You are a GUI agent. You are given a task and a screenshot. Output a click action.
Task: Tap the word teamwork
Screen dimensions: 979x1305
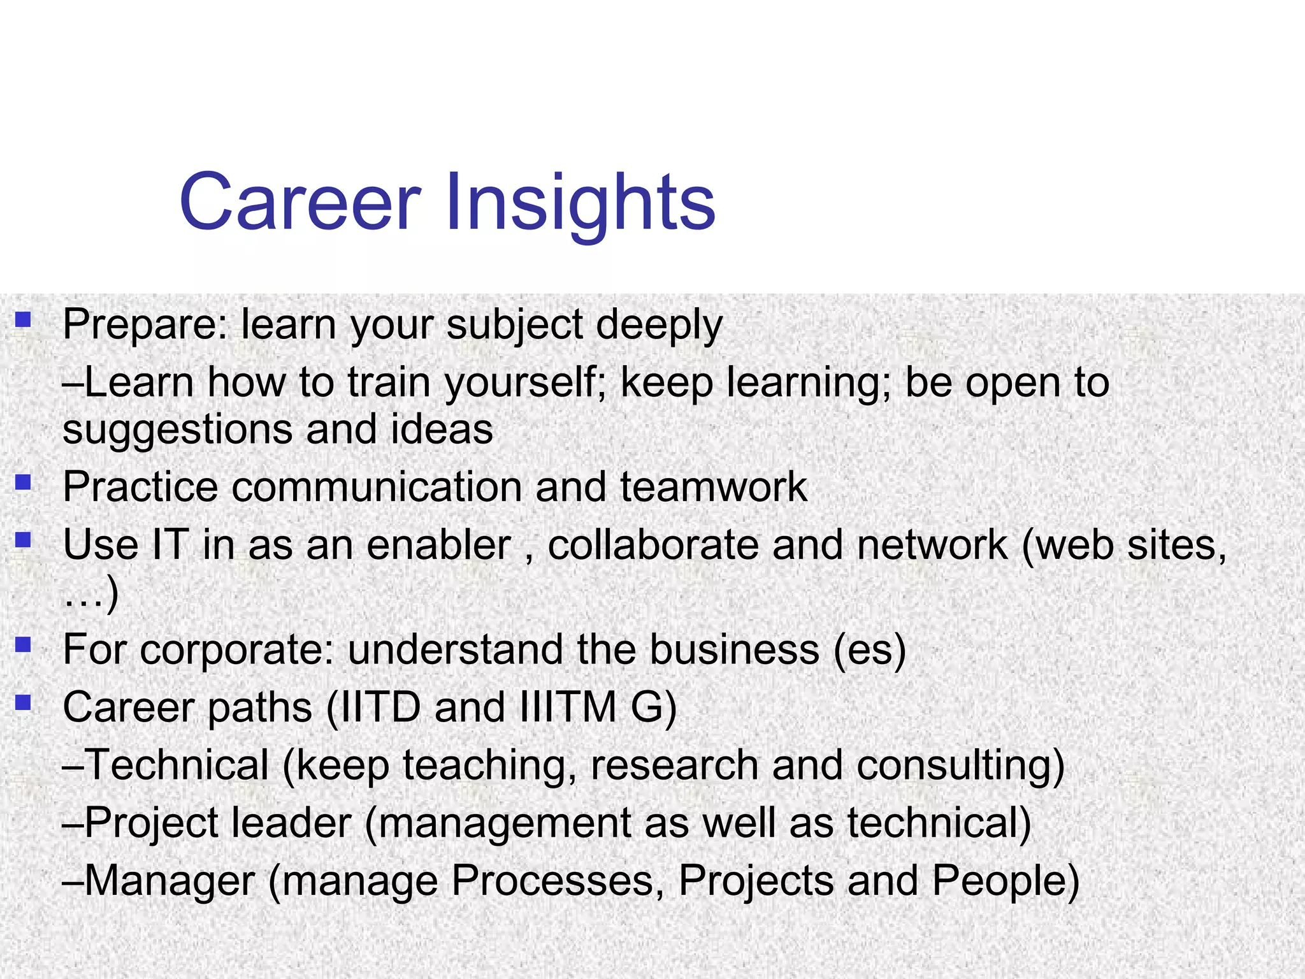(x=713, y=488)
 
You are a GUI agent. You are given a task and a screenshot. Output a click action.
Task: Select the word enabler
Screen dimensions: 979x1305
(x=439, y=546)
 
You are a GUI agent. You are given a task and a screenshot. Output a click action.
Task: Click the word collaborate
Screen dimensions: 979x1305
(x=653, y=546)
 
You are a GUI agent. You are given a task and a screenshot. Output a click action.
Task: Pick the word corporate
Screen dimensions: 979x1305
(x=236, y=651)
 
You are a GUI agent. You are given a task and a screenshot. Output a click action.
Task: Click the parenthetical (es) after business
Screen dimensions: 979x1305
(x=869, y=651)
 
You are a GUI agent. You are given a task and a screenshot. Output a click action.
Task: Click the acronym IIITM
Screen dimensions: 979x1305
(x=568, y=708)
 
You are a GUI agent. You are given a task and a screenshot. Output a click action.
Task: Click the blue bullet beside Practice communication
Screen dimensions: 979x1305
(x=24, y=482)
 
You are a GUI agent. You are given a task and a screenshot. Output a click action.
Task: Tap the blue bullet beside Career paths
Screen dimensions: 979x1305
(x=24, y=703)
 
